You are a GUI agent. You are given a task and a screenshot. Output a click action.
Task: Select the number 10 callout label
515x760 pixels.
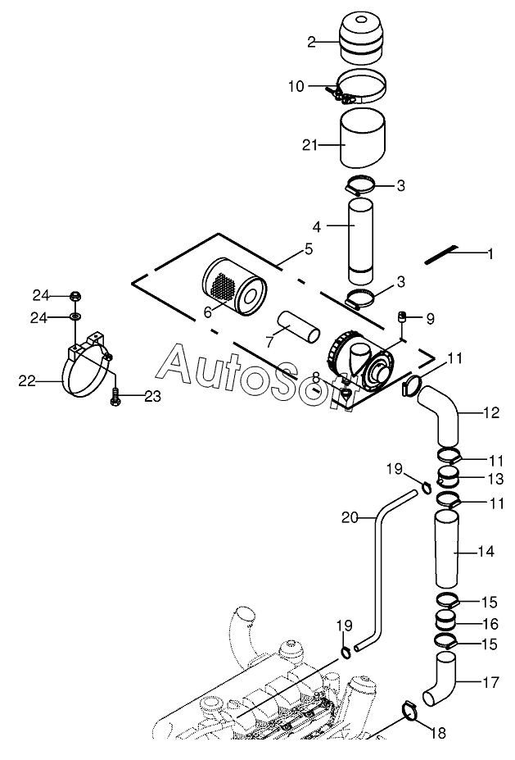click(296, 86)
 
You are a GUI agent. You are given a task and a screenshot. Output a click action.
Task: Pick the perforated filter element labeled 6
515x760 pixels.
click(233, 286)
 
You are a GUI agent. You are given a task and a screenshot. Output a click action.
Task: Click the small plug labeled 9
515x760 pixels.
click(401, 317)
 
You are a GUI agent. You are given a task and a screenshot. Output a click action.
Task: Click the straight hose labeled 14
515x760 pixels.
click(445, 549)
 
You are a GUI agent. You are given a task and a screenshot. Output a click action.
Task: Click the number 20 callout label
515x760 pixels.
click(350, 517)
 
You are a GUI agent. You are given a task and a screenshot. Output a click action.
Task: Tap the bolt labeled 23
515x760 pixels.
click(115, 397)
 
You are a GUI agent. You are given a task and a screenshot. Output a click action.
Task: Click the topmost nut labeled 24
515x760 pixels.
click(75, 295)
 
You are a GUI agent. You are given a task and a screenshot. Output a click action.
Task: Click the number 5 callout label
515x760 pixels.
click(309, 249)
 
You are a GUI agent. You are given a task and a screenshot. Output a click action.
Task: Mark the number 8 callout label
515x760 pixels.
click(315, 376)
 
